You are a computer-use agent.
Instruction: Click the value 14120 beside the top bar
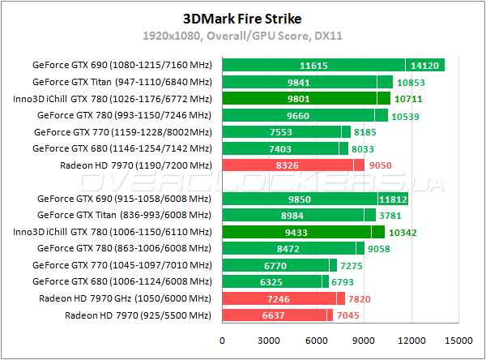coord(425,65)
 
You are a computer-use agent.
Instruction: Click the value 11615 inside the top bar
coord(313,65)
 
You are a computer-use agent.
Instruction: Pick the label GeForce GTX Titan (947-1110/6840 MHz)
coord(122,82)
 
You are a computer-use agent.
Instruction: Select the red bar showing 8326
coord(288,165)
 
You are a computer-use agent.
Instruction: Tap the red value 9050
coord(380,165)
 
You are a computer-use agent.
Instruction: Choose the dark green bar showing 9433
coord(296,232)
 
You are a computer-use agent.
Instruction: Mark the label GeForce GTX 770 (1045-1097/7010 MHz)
coord(122,265)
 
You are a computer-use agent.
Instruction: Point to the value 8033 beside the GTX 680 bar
coord(365,148)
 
